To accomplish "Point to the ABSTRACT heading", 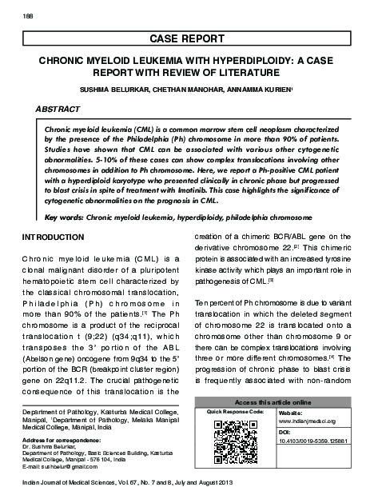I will (x=58, y=108).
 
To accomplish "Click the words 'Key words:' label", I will (x=64, y=217).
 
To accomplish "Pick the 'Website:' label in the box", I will (x=288, y=411).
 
